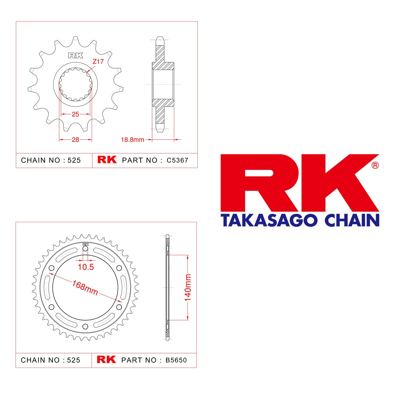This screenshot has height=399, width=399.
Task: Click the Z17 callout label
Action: tap(98, 61)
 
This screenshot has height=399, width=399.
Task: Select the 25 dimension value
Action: tap(75, 114)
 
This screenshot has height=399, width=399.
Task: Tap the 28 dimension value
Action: tap(75, 140)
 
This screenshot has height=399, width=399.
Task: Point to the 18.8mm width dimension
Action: tap(132, 140)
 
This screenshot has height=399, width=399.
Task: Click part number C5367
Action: tap(177, 160)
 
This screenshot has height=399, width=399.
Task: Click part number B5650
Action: tap(176, 360)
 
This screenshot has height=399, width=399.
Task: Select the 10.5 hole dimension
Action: tap(86, 267)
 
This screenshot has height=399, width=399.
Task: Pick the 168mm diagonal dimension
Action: tap(85, 287)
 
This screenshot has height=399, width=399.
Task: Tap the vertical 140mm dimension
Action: tap(188, 288)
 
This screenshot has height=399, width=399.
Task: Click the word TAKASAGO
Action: tap(269, 221)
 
